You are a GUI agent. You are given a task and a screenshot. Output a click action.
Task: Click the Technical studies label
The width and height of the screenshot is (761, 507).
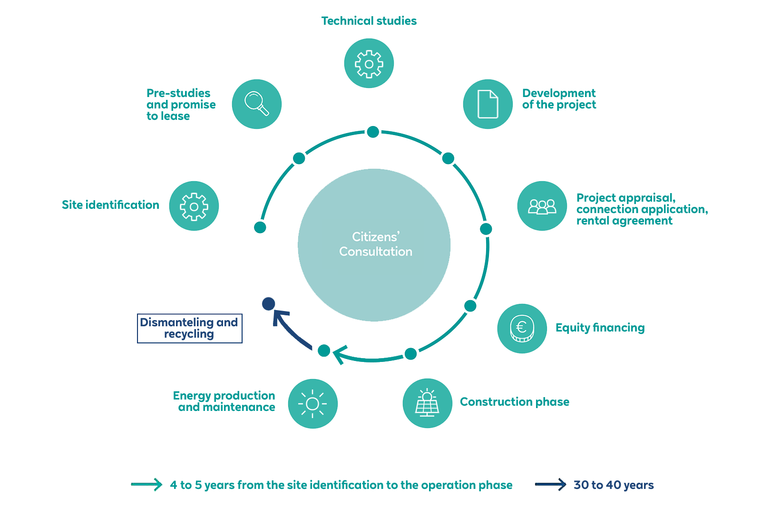tap(369, 21)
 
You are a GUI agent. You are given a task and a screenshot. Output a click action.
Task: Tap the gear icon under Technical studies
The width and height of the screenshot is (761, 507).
tap(369, 64)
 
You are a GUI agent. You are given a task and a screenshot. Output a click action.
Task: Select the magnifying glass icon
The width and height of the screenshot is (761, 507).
tap(257, 104)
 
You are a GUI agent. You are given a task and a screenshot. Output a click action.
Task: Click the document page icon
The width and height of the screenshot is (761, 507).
tap(488, 104)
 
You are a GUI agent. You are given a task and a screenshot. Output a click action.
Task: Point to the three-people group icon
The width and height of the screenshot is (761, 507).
tap(542, 206)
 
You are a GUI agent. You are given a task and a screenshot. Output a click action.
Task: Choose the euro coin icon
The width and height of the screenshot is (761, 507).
tap(522, 328)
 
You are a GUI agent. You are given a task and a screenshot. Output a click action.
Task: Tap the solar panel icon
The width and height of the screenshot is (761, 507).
tap(427, 403)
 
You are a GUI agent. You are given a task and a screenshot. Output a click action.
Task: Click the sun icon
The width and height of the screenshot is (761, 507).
tap(312, 404)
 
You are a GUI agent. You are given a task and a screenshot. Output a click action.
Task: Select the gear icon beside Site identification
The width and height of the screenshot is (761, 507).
tap(194, 206)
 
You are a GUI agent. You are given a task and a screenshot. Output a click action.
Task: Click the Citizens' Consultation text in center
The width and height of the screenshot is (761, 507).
tap(375, 244)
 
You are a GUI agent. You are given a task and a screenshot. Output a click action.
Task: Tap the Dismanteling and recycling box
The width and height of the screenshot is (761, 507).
tap(189, 328)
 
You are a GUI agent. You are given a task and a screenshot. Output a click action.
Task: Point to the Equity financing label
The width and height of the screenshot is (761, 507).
tap(600, 328)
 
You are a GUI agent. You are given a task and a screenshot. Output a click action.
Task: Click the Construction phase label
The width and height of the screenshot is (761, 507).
tap(515, 402)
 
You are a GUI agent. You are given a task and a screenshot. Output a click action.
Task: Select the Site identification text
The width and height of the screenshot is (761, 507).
tap(110, 205)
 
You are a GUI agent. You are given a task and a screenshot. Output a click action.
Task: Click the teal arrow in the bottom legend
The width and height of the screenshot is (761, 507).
tap(146, 485)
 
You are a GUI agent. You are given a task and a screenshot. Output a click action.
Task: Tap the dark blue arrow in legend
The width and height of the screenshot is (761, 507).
tap(550, 485)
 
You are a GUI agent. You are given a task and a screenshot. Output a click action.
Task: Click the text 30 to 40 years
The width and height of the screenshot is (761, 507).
tap(614, 485)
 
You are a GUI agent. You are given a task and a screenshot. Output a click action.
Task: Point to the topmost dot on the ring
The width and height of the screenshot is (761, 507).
tap(373, 132)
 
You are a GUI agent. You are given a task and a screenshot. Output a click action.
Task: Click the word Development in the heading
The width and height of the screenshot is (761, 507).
tap(559, 93)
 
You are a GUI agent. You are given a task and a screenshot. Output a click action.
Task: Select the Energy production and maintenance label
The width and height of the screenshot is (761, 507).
tap(224, 401)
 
